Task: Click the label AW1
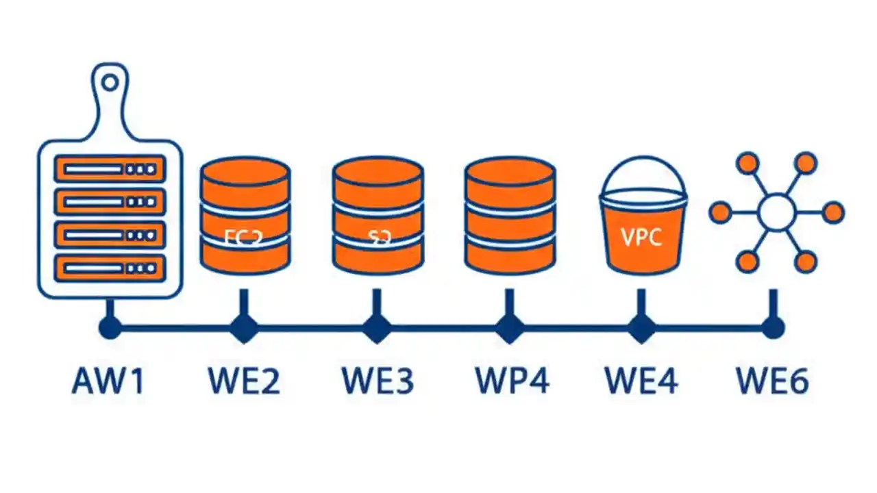[108, 381]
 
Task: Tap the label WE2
[243, 381]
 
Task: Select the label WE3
[378, 381]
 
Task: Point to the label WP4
[511, 381]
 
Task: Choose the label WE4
[641, 381]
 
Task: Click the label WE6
[772, 381]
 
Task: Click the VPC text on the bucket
[642, 237]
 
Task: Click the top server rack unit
[110, 168]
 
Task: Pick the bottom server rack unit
[110, 267]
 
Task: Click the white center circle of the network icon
[776, 212]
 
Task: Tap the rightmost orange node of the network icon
[833, 212]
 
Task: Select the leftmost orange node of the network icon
[719, 212]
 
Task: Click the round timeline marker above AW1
[109, 328]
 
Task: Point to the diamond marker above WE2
[243, 328]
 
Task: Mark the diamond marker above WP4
[509, 328]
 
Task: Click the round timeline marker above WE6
[774, 328]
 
